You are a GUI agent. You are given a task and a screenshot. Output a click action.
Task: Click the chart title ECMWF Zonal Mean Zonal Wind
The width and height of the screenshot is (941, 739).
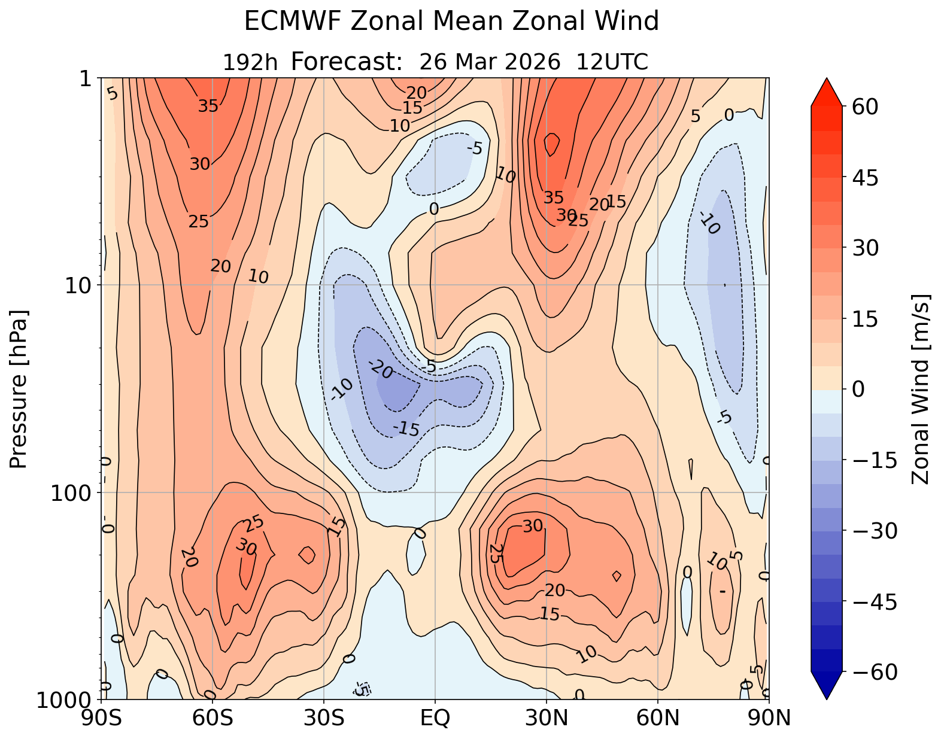[451, 22]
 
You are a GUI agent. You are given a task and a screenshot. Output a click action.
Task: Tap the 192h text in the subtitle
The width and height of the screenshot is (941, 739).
[250, 62]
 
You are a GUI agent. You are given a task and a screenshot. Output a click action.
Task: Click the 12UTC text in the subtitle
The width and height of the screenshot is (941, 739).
[612, 62]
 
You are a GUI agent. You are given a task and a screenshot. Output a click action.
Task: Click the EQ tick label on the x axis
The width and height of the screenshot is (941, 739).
[435, 718]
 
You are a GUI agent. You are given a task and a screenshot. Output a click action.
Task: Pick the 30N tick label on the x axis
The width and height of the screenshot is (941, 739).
[546, 718]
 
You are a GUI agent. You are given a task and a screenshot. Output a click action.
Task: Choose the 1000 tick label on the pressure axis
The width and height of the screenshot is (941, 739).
[65, 700]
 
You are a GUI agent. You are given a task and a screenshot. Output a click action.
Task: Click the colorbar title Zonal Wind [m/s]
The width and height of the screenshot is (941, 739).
[920, 389]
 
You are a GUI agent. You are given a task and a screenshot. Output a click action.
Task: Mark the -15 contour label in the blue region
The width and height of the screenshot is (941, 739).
[407, 428]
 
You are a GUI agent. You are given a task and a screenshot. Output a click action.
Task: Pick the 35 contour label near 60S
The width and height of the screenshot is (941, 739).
[208, 107]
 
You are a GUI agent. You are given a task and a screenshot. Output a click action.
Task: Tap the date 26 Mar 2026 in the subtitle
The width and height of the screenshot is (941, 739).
[491, 62]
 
